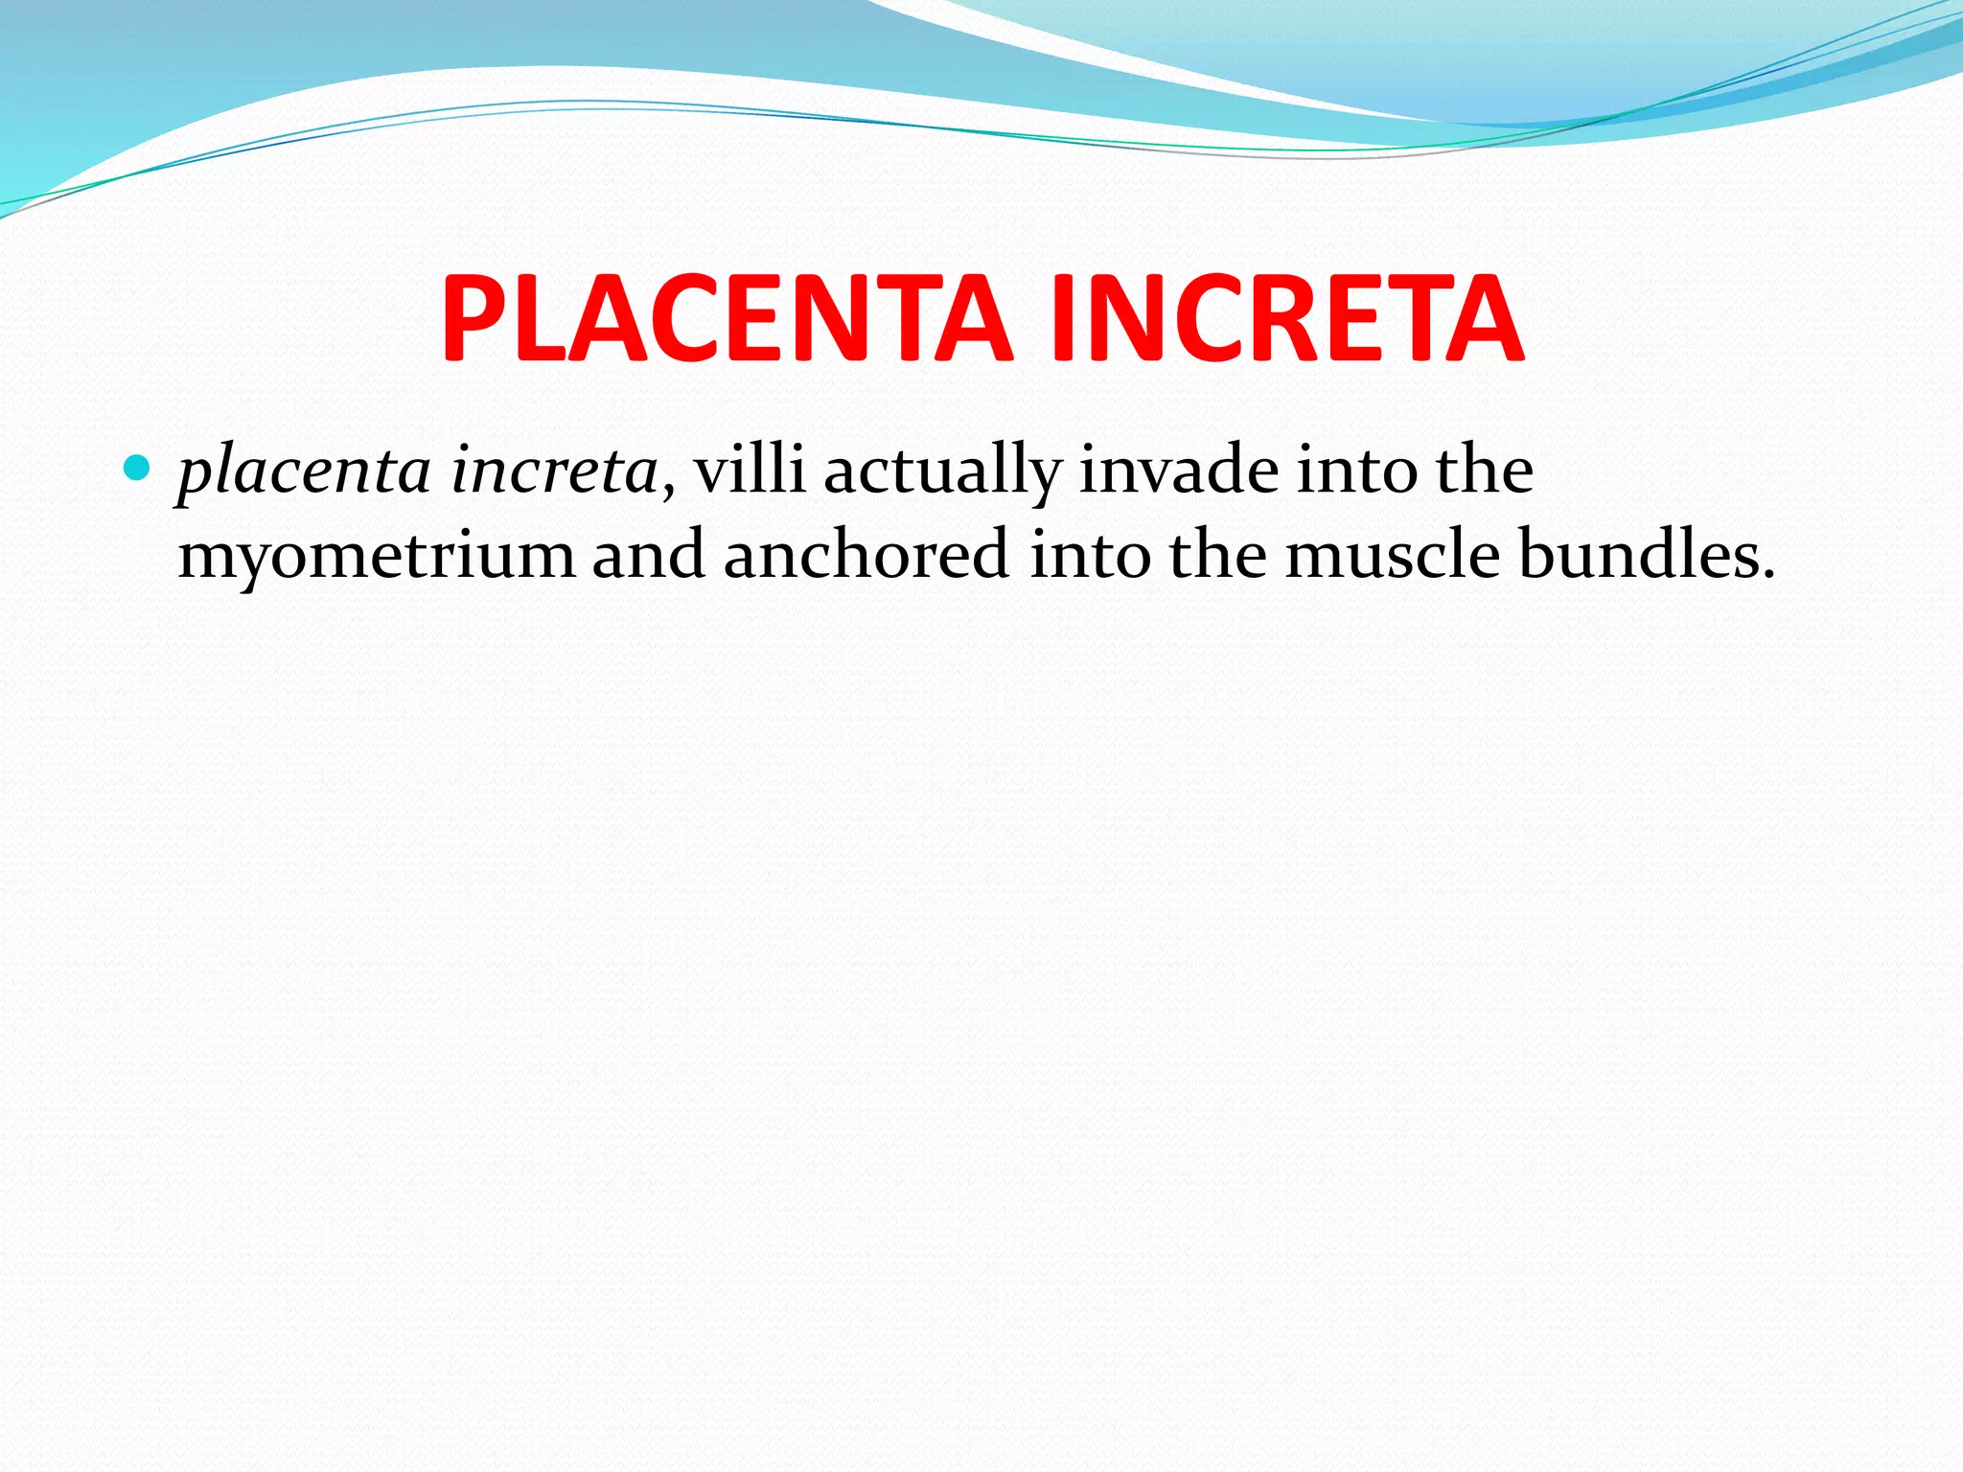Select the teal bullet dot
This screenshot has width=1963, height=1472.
(138, 469)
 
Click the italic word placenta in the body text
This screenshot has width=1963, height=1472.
(305, 472)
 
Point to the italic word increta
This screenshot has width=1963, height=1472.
(554, 471)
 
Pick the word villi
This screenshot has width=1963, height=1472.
(750, 471)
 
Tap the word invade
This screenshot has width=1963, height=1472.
(1179, 471)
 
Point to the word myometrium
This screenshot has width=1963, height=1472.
(377, 557)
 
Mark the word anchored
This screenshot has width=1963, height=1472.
(866, 555)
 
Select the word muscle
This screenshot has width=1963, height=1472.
(1392, 555)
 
